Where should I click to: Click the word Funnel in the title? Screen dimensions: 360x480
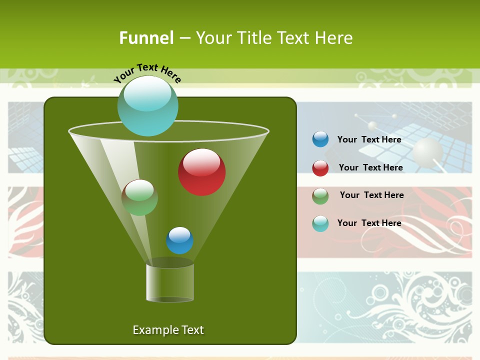(146, 38)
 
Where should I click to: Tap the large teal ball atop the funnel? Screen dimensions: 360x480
(147, 105)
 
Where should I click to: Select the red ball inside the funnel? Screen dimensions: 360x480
(201, 172)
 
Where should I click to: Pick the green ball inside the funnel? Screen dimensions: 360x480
(139, 197)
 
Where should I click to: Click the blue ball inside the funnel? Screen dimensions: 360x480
(179, 240)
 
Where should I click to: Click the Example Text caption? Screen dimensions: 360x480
(168, 330)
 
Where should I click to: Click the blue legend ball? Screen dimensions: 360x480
(320, 139)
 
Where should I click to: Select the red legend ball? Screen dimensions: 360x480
(320, 168)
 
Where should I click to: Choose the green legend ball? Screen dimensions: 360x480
(320, 196)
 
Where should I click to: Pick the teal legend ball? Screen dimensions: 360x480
(320, 223)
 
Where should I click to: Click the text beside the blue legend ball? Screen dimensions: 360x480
(369, 139)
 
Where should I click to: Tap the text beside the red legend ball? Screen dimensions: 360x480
(370, 167)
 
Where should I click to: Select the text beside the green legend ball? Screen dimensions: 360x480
(371, 195)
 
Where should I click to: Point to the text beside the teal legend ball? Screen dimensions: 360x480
(369, 223)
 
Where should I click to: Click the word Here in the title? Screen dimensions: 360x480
(334, 38)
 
